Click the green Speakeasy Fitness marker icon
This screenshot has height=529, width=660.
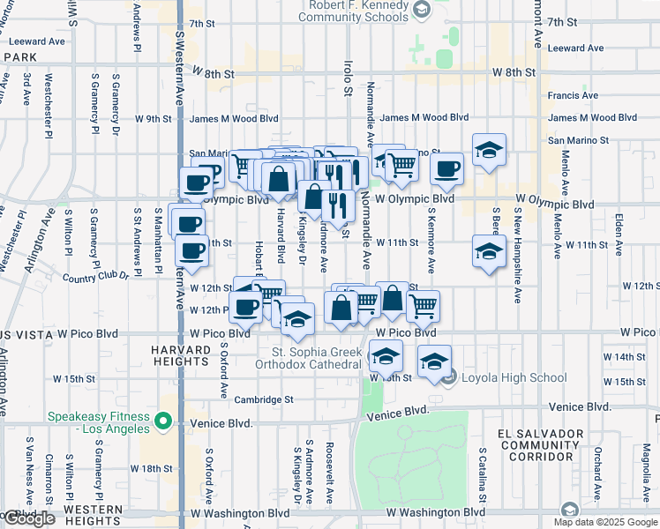162,423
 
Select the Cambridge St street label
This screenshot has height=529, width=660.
264,399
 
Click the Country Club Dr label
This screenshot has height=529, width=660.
96,277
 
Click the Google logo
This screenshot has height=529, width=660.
28,518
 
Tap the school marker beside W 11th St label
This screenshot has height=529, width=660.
488,251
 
